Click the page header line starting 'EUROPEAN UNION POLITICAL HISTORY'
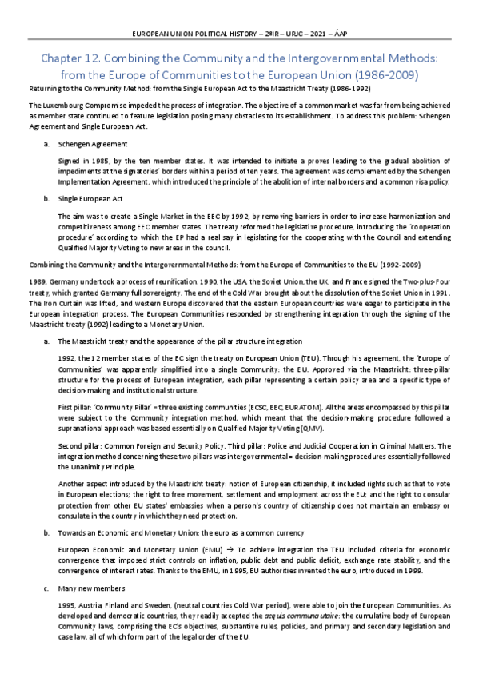tap(239, 33)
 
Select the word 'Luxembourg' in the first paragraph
tap(62, 106)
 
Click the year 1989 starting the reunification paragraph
tap(38, 281)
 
